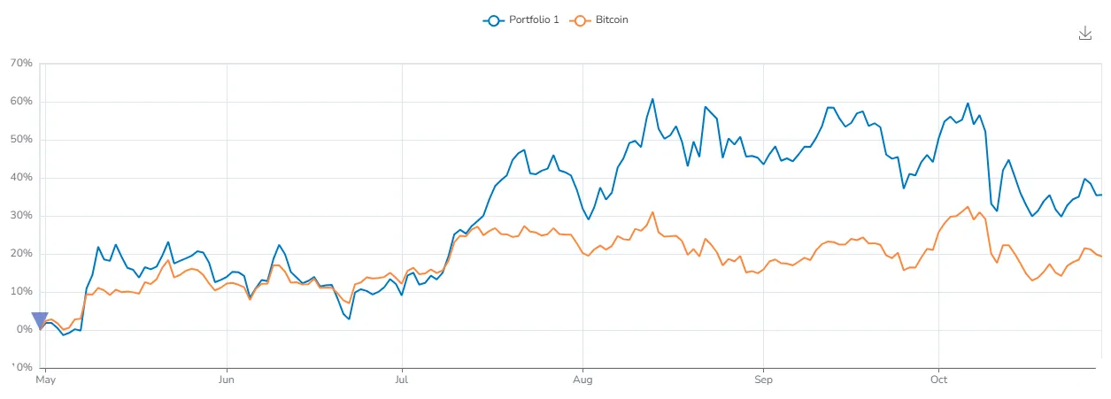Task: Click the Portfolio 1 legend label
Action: click(534, 19)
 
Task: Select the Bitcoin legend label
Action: click(612, 19)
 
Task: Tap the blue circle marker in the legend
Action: click(493, 19)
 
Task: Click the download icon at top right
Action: click(1085, 33)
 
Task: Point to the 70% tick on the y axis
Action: click(21, 64)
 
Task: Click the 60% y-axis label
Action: click(21, 102)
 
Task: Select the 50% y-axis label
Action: click(21, 140)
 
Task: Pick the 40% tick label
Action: click(21, 178)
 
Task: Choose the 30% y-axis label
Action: click(21, 216)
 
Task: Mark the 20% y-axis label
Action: click(21, 254)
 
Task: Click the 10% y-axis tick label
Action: click(21, 292)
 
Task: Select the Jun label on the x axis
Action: click(228, 380)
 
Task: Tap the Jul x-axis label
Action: click(403, 380)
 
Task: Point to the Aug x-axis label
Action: click(583, 380)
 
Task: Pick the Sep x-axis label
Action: click(763, 380)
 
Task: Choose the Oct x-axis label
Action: click(938, 380)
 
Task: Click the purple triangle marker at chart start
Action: click(40, 321)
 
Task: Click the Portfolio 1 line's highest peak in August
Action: click(652, 99)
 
